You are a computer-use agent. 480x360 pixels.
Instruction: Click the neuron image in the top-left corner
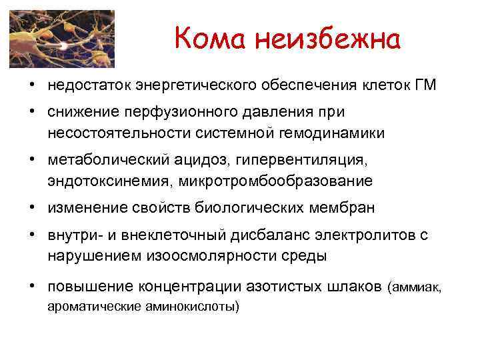click(61, 39)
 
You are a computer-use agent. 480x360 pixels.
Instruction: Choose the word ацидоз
click(202, 161)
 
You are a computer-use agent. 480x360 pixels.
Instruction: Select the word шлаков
click(350, 287)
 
